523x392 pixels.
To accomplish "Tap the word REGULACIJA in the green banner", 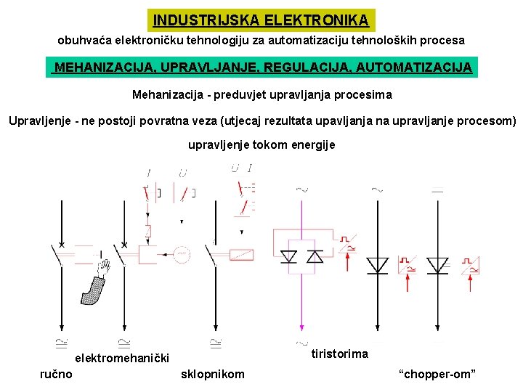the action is pyautogui.click(x=317, y=68).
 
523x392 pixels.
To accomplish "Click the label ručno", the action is pyautogui.click(x=56, y=374).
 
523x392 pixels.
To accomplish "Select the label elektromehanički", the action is pyautogui.click(x=123, y=358).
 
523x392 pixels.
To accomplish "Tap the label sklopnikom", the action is pyautogui.click(x=212, y=374).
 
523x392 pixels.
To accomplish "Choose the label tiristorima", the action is pyautogui.click(x=339, y=354).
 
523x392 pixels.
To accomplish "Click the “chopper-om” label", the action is pyautogui.click(x=437, y=374).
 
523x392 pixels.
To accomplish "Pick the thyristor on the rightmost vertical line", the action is pyautogui.click(x=437, y=266).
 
